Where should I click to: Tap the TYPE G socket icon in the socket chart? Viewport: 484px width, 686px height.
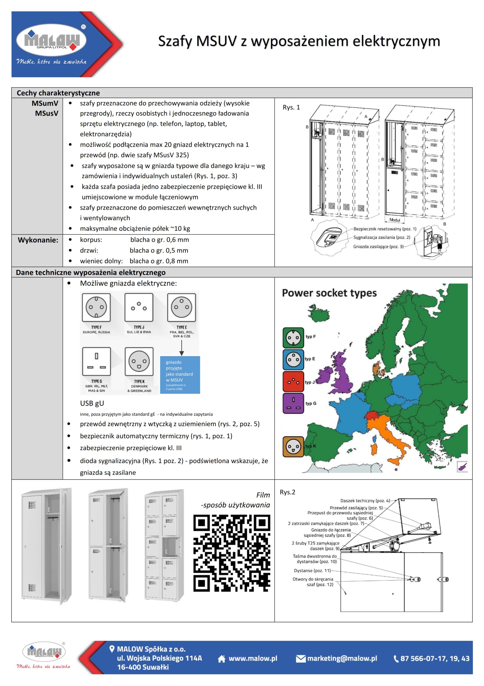(x=96, y=361)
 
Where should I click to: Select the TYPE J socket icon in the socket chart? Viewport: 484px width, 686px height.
(x=139, y=307)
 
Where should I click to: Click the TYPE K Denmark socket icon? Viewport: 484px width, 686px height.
(x=139, y=361)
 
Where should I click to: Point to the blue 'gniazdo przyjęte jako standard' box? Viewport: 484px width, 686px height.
(x=180, y=375)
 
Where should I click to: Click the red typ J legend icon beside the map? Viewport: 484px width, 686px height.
(x=293, y=382)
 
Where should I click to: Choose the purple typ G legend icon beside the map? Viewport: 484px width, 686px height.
(x=293, y=403)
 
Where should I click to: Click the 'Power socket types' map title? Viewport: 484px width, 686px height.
(x=329, y=293)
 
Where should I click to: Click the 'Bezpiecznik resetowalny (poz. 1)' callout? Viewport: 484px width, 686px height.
(x=385, y=229)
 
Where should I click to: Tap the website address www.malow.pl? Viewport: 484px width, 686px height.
(x=253, y=658)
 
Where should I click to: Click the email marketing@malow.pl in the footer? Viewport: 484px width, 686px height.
(x=342, y=658)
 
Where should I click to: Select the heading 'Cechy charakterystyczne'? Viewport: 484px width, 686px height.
(x=58, y=93)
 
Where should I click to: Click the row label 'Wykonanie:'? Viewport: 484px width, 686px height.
(x=38, y=240)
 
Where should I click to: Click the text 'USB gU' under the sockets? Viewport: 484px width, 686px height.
(x=92, y=403)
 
